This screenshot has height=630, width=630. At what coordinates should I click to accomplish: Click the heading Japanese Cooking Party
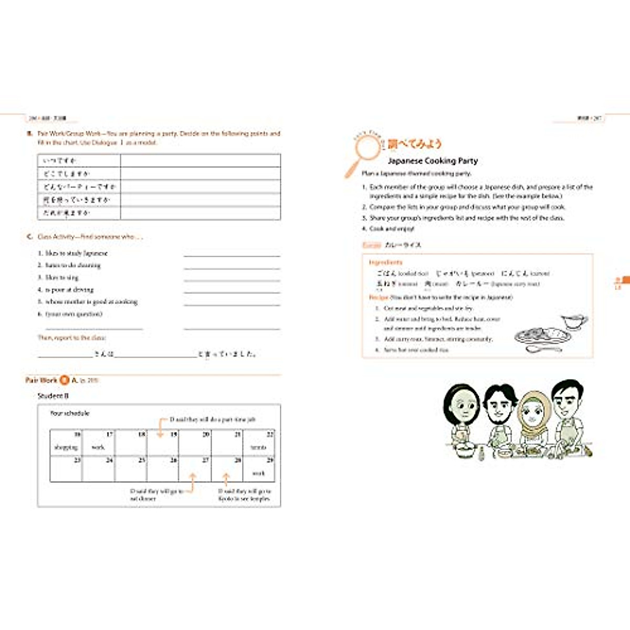pyautogui.click(x=433, y=161)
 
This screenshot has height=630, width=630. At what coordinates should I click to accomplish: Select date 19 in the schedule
pyautogui.click(x=173, y=435)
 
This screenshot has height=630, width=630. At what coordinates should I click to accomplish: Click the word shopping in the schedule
pyautogui.click(x=66, y=447)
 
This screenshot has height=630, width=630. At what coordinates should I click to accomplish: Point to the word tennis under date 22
pyautogui.click(x=258, y=447)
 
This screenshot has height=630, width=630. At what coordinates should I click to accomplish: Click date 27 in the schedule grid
pyautogui.click(x=205, y=460)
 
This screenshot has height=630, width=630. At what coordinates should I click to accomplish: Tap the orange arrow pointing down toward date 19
pyautogui.click(x=161, y=428)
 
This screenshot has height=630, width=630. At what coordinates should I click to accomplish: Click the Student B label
pyautogui.click(x=53, y=396)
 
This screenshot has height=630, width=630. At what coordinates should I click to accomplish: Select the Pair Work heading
pyautogui.click(x=41, y=380)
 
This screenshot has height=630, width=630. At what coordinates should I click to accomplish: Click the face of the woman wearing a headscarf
pyautogui.click(x=533, y=415)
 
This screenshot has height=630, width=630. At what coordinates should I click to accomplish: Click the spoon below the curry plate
pyautogui.click(x=543, y=348)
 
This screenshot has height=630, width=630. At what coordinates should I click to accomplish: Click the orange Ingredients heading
pyautogui.click(x=385, y=262)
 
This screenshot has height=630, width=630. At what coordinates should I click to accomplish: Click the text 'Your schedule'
pyautogui.click(x=69, y=414)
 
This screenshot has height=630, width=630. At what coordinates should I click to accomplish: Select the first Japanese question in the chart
pyautogui.click(x=60, y=160)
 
